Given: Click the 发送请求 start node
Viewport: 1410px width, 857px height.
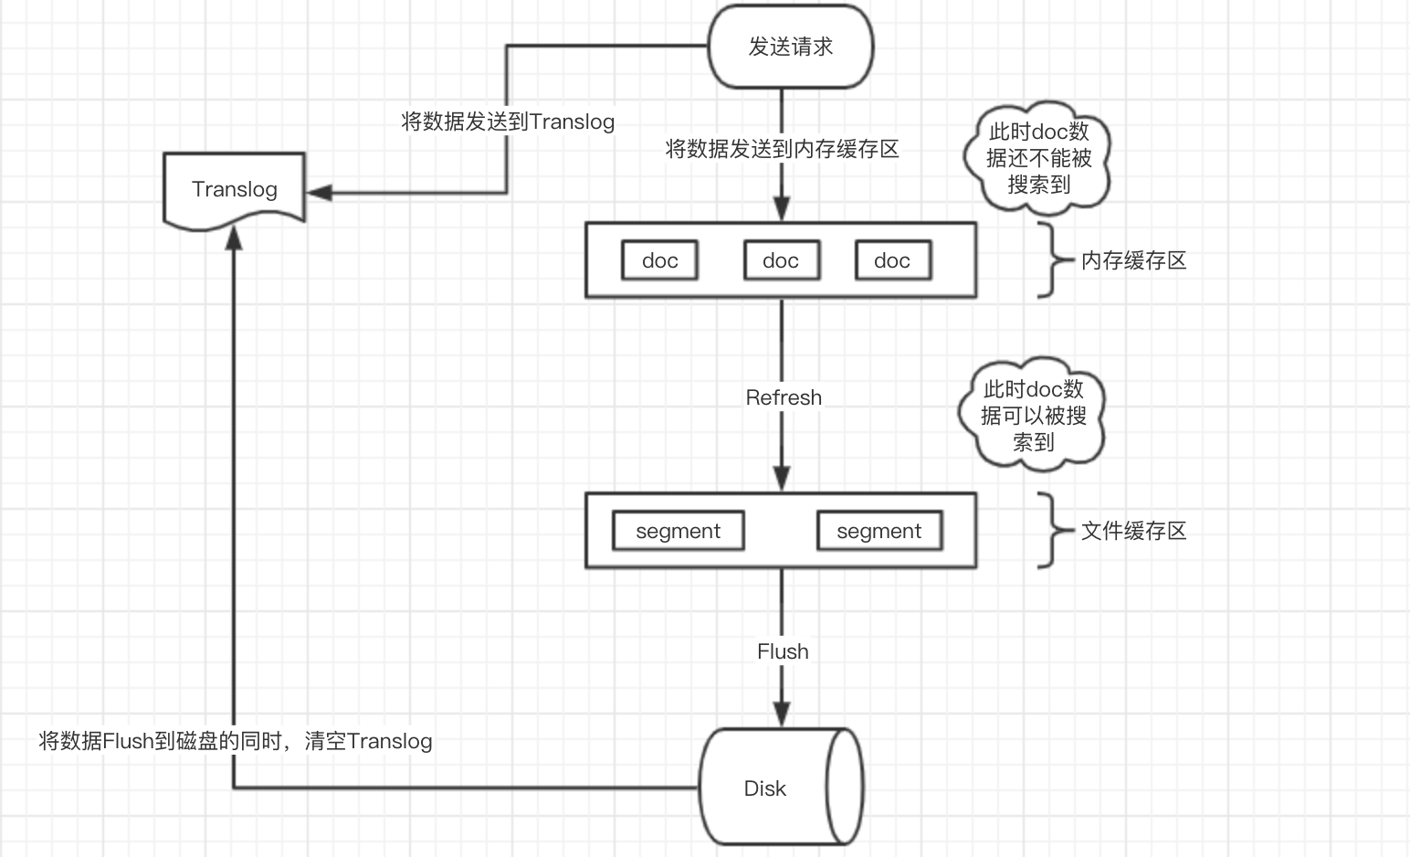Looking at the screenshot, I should click(x=791, y=47).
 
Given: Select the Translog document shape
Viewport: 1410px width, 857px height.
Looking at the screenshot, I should click(x=234, y=189).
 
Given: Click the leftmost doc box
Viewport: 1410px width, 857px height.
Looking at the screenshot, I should click(x=659, y=260).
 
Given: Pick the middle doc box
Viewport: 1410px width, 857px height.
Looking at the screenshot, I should click(x=781, y=260).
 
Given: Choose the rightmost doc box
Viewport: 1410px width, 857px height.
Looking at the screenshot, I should click(x=892, y=260).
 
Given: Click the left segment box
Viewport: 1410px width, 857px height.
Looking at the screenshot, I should click(x=678, y=531).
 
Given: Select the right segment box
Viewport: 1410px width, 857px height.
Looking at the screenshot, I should click(x=879, y=531).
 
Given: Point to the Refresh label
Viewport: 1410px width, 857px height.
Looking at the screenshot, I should click(x=784, y=397).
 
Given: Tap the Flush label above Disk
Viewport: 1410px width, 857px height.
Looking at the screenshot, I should click(x=783, y=651).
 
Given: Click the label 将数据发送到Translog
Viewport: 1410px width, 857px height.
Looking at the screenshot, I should click(x=508, y=122).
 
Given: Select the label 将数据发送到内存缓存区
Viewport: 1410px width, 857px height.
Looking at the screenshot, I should click(x=782, y=149).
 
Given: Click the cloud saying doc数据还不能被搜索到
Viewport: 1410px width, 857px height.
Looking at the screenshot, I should click(x=1038, y=158).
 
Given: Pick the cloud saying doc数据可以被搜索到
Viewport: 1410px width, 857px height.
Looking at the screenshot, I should click(x=1033, y=416).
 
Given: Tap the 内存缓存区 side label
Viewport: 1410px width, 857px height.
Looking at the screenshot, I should click(x=1133, y=260).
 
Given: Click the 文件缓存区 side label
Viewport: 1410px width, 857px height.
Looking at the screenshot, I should click(x=1133, y=531).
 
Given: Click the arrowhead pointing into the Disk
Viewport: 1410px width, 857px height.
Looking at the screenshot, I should click(x=782, y=714).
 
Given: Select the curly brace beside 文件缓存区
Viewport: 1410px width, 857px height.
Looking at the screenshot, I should click(x=1052, y=531).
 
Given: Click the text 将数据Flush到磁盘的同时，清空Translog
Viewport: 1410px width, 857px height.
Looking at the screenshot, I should click(x=236, y=741).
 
